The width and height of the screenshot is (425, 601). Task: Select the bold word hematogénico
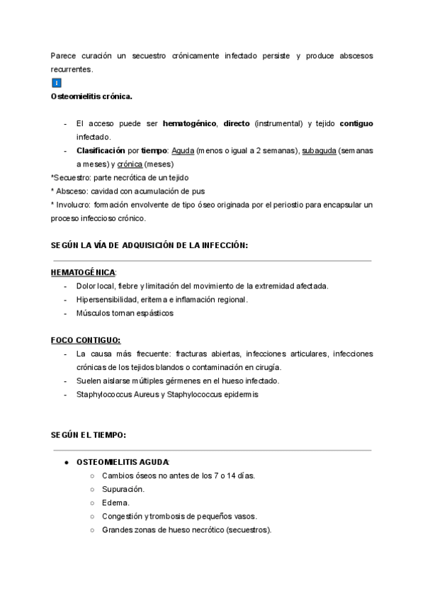point(189,123)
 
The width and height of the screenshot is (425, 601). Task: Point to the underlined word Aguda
point(183,151)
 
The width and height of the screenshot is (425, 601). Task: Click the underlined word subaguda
point(319,151)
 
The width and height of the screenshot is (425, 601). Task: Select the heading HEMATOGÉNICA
point(83,272)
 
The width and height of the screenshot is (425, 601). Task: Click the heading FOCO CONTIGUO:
point(86,339)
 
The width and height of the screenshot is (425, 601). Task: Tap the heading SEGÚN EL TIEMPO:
point(89,434)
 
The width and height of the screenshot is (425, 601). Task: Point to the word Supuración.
point(123,489)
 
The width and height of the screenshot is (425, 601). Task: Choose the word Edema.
point(115,502)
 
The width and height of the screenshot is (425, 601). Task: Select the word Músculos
point(93,313)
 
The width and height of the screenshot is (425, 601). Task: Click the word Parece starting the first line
point(63,55)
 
